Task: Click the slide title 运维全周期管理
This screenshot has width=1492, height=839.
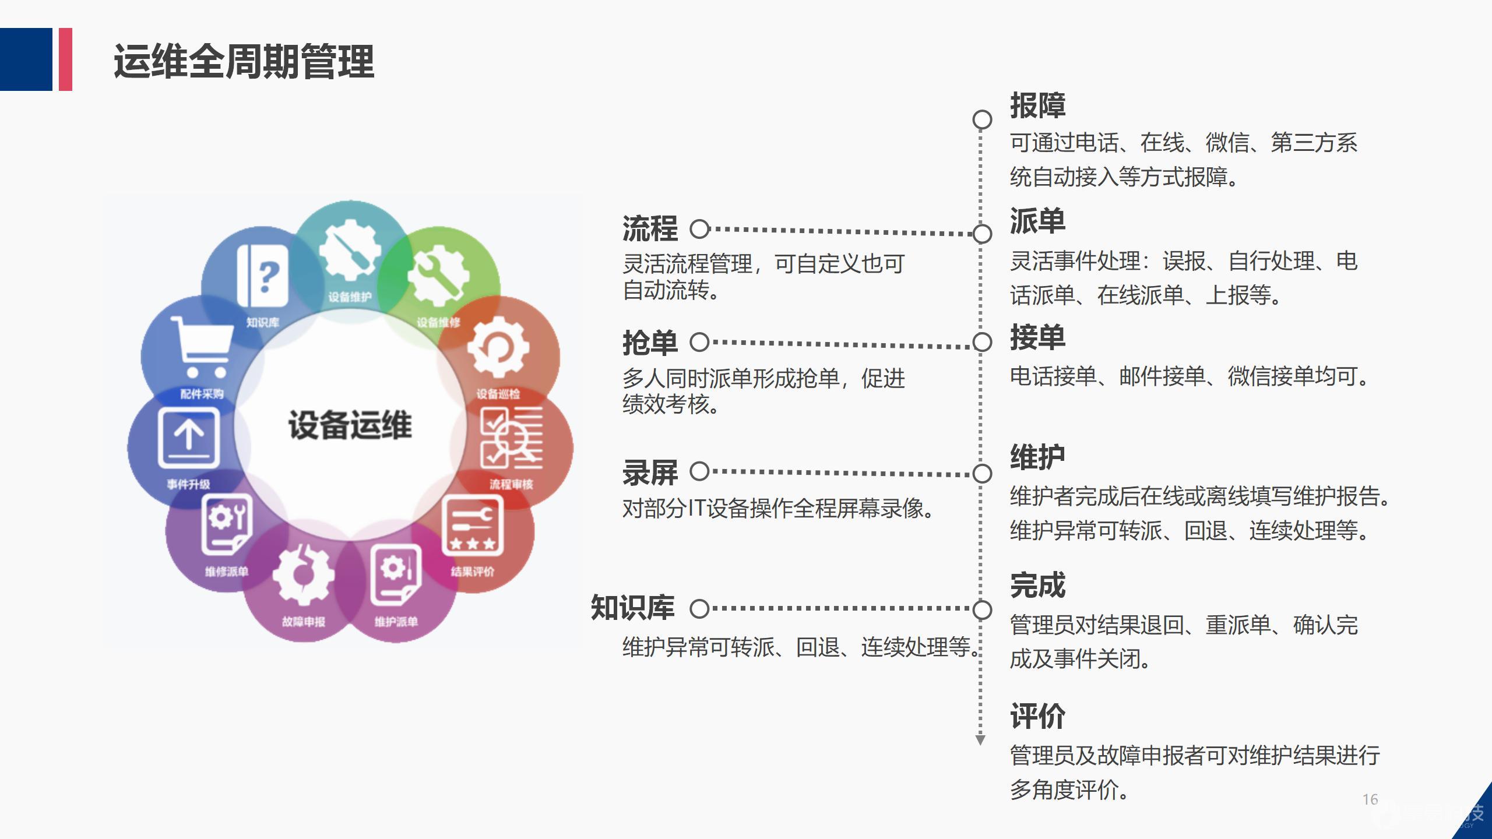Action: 244,61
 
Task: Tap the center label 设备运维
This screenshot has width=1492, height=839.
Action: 350,425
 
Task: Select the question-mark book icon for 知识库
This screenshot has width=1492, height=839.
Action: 263,276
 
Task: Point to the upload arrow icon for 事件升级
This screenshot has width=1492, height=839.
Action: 188,437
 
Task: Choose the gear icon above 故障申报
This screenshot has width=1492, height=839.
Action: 303,574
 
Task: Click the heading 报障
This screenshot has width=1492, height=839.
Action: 1037,105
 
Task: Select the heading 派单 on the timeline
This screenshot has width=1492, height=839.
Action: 1037,221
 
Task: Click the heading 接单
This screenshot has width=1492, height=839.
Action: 1037,338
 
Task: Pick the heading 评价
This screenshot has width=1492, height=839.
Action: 1037,716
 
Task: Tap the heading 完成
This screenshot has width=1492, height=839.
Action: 1037,586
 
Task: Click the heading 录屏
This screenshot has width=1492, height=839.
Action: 650,473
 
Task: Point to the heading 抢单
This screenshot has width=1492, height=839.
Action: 650,343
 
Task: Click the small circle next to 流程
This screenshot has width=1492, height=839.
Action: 699,229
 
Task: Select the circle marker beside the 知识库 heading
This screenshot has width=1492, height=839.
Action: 699,609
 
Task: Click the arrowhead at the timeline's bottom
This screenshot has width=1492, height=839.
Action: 980,740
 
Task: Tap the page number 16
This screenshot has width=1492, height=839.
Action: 1370,799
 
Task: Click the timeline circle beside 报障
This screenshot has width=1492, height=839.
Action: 982,119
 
